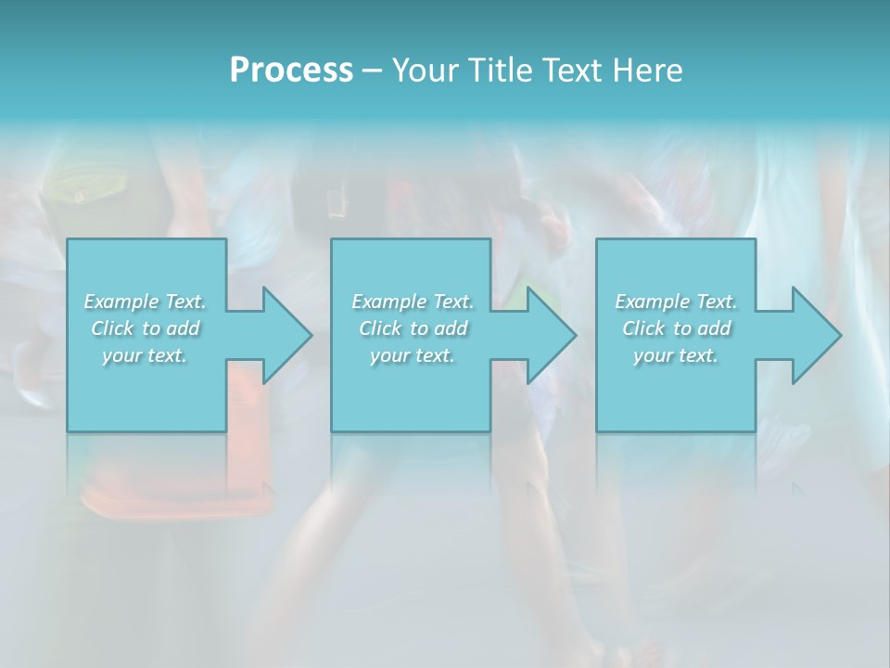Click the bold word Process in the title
291,71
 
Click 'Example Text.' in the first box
145,302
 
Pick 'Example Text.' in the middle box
413,302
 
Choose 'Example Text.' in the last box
676,302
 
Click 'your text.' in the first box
145,355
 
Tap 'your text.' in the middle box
413,355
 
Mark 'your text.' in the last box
676,355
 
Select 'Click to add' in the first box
145,328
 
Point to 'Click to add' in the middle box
413,328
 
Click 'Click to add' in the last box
676,328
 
